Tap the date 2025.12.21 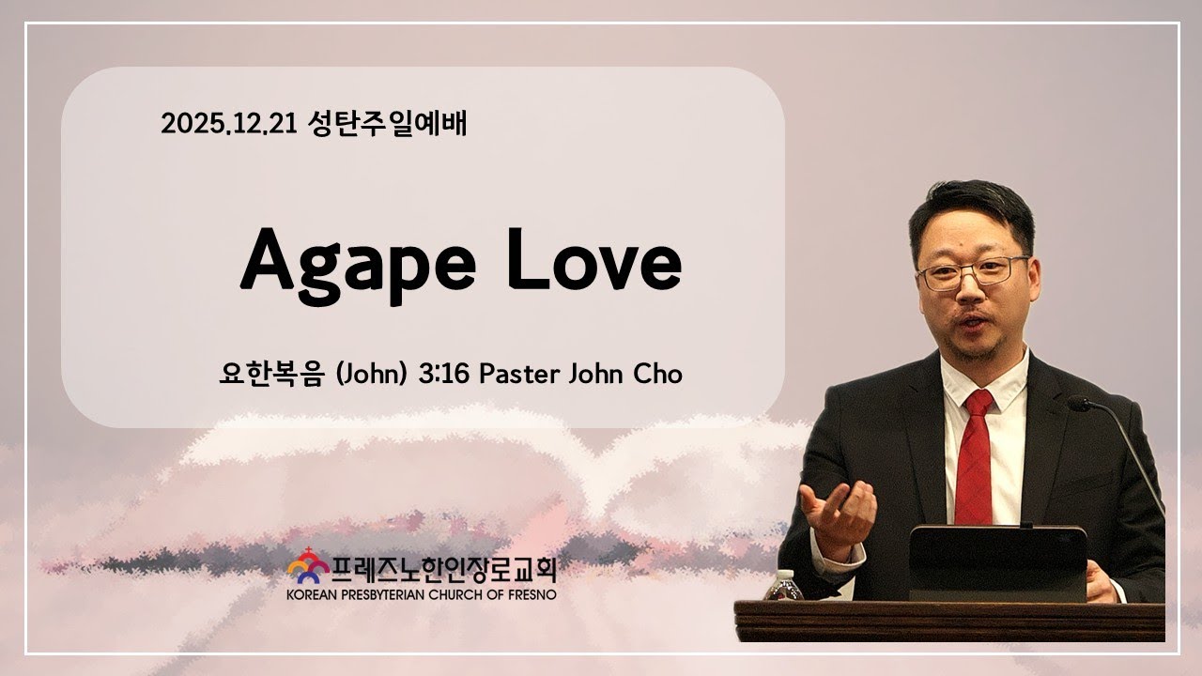pyautogui.click(x=228, y=124)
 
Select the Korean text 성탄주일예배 pyautogui.click(x=386, y=124)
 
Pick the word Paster pyautogui.click(x=518, y=373)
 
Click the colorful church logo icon pyautogui.click(x=307, y=566)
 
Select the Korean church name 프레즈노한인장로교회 pyautogui.click(x=442, y=567)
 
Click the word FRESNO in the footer pyautogui.click(x=530, y=595)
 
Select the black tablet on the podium pyautogui.click(x=997, y=562)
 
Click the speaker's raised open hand pyautogui.click(x=839, y=512)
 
